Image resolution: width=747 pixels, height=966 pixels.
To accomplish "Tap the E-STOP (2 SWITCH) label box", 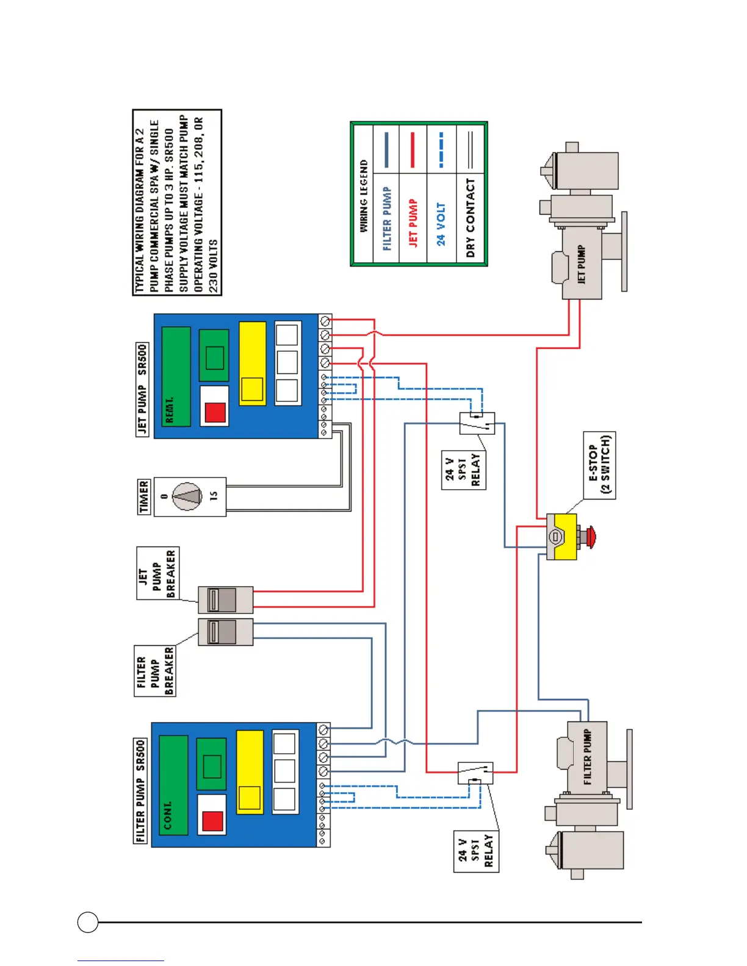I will click(599, 465).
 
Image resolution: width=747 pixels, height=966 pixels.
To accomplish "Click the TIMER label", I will click(144, 496).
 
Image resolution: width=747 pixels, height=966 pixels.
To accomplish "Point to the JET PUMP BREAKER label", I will click(157, 573).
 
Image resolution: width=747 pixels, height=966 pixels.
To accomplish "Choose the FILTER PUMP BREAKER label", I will click(155, 671).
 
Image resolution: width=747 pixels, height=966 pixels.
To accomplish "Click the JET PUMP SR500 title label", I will click(142, 390).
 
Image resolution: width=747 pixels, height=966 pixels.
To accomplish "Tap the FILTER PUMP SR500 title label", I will click(140, 791).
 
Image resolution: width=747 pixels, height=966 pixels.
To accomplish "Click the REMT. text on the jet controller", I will click(170, 410).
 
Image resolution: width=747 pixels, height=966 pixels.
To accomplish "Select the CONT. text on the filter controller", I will click(167, 815).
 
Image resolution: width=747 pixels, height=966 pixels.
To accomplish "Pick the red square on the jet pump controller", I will click(215, 412).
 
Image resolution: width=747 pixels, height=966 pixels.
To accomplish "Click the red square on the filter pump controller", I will click(212, 820).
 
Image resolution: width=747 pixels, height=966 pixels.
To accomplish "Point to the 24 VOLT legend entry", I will click(441, 224).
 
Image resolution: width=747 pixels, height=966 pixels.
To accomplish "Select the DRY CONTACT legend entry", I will click(470, 217).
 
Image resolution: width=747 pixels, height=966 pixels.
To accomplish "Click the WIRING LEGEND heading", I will click(364, 195).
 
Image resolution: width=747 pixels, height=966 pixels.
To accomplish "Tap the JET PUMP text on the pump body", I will click(581, 264).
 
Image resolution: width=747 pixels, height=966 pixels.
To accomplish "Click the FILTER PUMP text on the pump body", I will click(587, 756).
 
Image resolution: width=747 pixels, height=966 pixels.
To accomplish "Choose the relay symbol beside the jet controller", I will click(477, 423).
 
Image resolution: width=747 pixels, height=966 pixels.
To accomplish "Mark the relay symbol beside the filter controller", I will click(475, 773).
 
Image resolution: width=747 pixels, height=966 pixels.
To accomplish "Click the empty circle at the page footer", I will click(88, 922).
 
